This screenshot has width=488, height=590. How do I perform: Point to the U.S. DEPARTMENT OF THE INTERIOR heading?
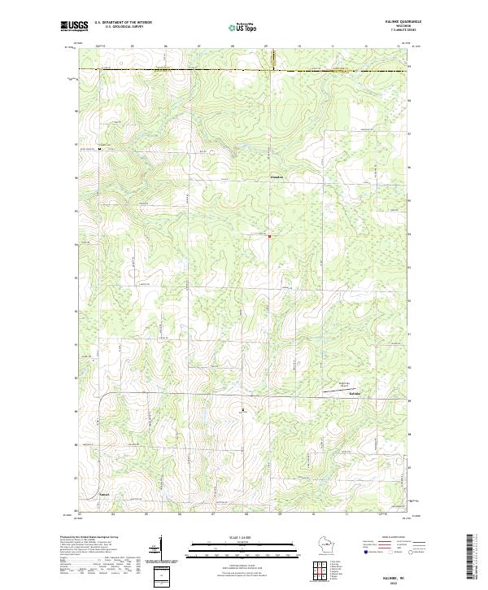pos(123,21)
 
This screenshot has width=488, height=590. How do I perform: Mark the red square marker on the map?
pos(270,237)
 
